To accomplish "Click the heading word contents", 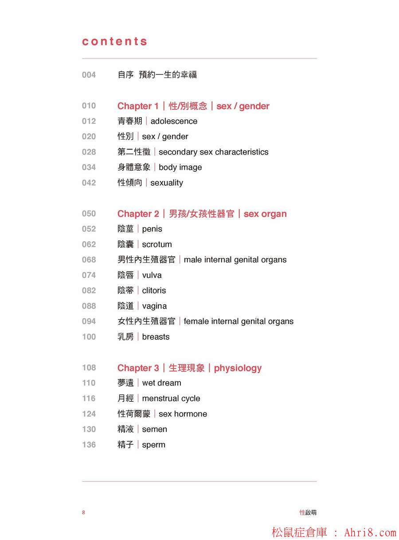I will click(x=114, y=42).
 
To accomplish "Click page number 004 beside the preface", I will click(x=89, y=75).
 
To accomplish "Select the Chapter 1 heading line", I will click(x=193, y=106).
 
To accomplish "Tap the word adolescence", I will click(x=174, y=121).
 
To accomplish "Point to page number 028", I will click(x=89, y=152).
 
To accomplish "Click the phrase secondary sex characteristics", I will click(x=213, y=152).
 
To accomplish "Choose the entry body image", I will click(x=180, y=168).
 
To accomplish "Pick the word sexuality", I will click(x=167, y=183).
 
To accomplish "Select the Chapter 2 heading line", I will click(x=202, y=214).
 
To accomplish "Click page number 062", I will click(x=89, y=244).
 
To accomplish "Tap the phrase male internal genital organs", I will click(x=235, y=260).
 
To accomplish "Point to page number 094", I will click(x=89, y=321).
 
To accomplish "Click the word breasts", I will click(x=156, y=337).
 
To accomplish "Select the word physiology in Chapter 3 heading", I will click(x=238, y=368).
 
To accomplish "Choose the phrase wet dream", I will click(x=161, y=383).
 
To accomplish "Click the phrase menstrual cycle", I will click(x=171, y=399).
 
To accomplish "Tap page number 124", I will click(x=89, y=414).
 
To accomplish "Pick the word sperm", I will click(x=153, y=445).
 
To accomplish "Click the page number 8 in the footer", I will click(x=83, y=513).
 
